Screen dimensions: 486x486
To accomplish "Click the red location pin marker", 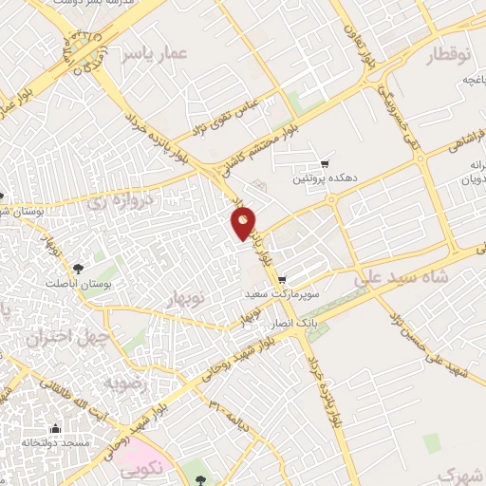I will pos(244,222).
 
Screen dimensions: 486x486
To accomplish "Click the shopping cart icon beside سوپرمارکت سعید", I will pos(283,280).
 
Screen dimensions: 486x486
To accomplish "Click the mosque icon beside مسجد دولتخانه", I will pos(56,428).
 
